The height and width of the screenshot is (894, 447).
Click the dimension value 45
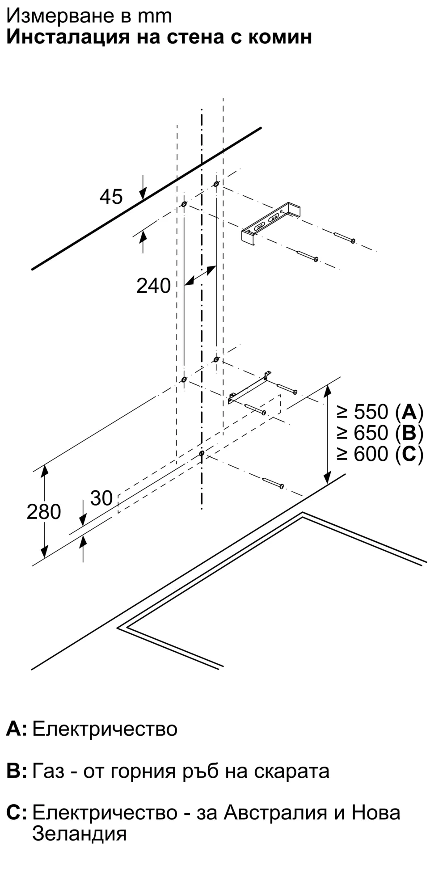[x=111, y=197]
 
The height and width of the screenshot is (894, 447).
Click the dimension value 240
[x=153, y=286]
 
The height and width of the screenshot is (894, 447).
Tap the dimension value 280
[x=43, y=512]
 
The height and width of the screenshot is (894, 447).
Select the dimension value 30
[x=101, y=498]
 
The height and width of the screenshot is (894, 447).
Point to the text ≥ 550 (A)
[x=380, y=412]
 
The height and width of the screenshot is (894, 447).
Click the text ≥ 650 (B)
[x=380, y=433]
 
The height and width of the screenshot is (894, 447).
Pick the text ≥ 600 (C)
[x=380, y=454]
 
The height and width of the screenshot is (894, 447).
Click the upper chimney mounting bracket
[x=270, y=223]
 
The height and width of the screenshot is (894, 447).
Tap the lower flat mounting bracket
[x=249, y=389]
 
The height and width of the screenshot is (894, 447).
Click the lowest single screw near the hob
[x=274, y=483]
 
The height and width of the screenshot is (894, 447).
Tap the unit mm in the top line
[x=155, y=16]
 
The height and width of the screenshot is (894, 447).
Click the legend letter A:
[x=17, y=729]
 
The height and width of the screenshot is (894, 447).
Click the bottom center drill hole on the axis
[x=202, y=453]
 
